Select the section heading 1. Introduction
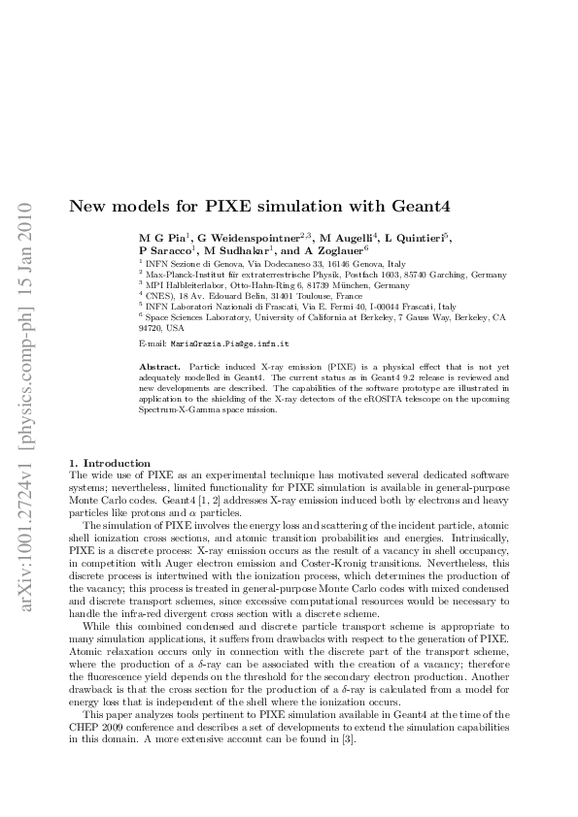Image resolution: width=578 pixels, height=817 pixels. [x=109, y=463]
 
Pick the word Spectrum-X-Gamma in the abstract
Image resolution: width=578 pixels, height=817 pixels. [x=178, y=409]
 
